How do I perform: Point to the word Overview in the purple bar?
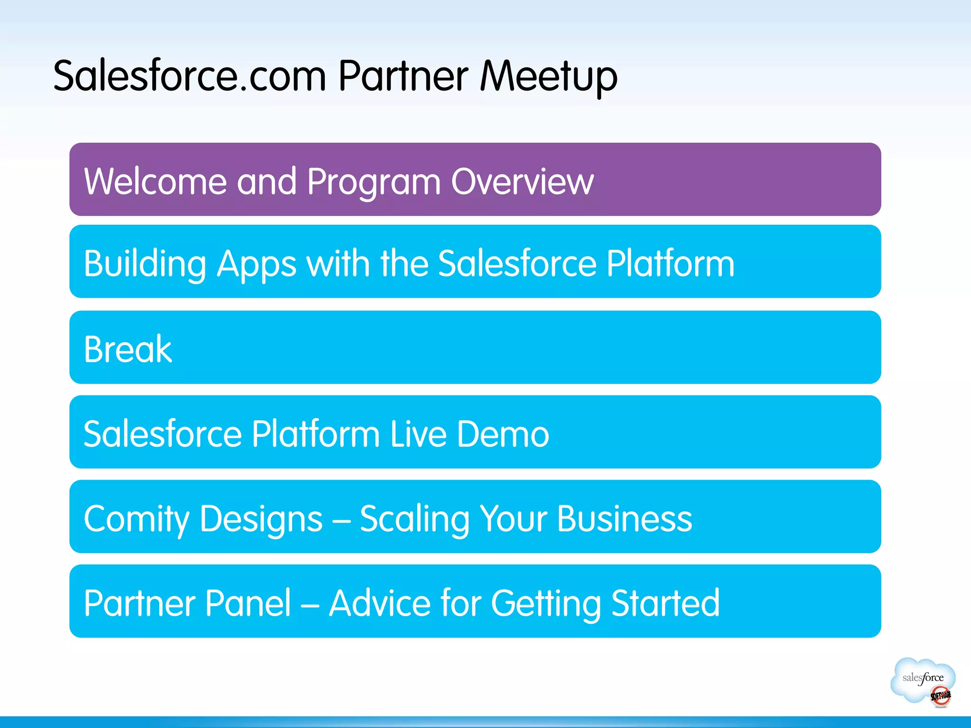(x=522, y=181)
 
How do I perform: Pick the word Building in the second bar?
(x=145, y=264)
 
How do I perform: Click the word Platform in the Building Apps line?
(x=670, y=263)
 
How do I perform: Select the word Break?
(x=128, y=349)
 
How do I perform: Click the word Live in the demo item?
(x=419, y=434)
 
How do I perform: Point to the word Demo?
(x=503, y=434)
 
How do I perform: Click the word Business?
(x=624, y=519)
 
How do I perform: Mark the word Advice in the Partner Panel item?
(x=380, y=603)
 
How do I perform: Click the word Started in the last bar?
(x=665, y=603)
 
